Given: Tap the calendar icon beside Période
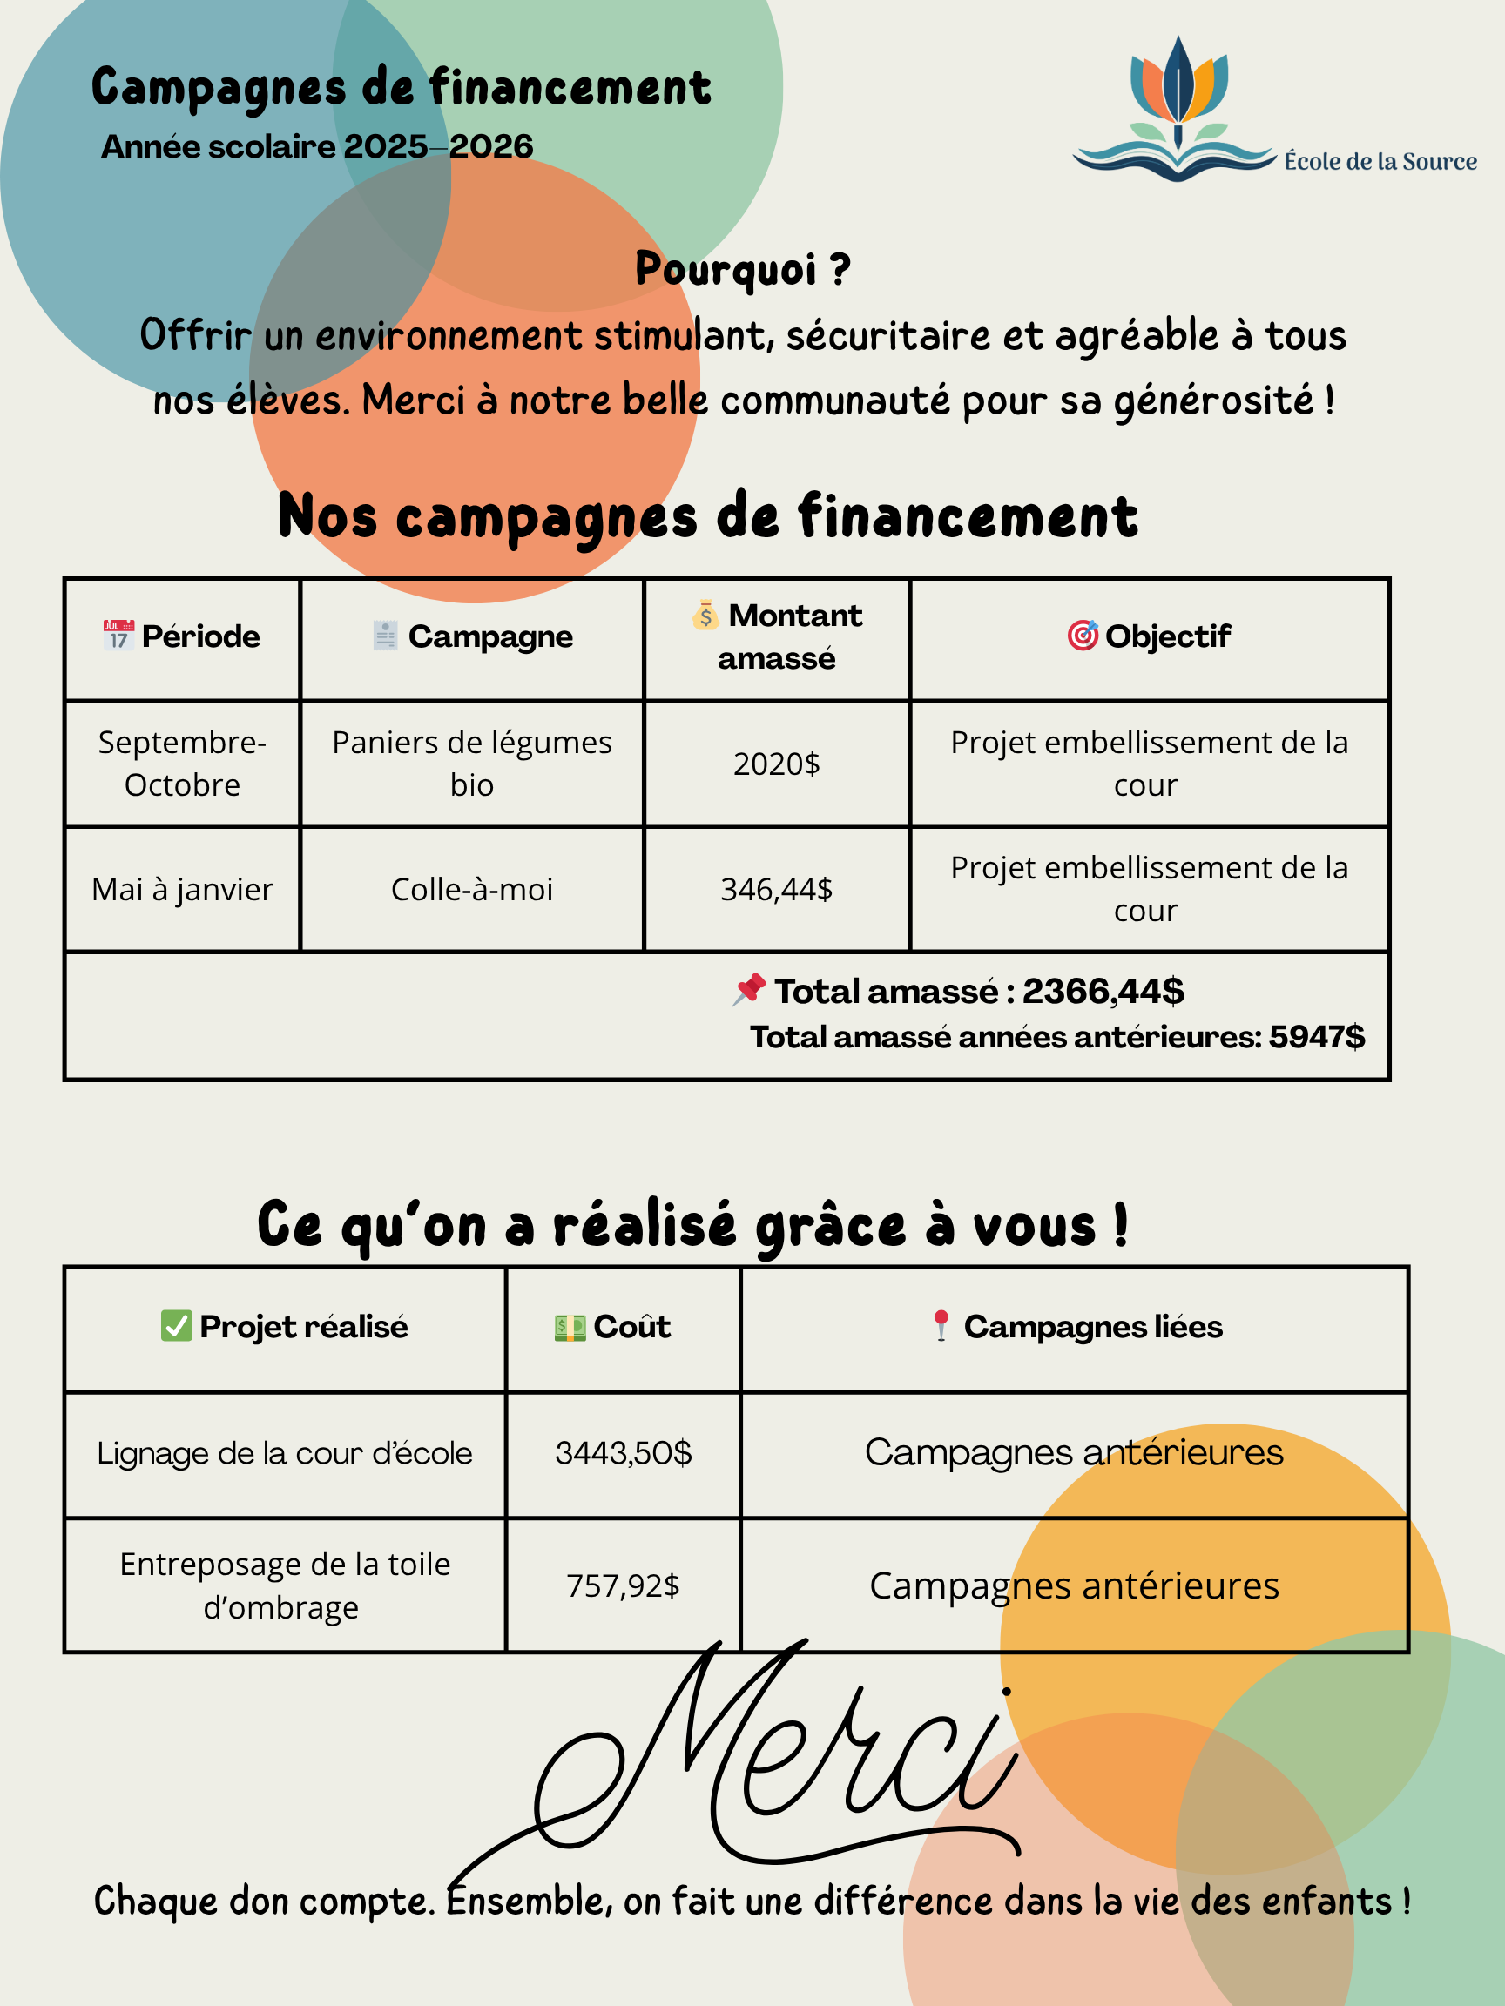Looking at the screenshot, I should (x=118, y=635).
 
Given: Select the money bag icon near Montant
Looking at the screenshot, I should (x=705, y=616).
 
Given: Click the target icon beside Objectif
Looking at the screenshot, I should (x=1083, y=635).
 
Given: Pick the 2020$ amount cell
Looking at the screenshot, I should (x=776, y=764).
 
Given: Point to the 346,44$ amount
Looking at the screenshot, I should (x=776, y=890).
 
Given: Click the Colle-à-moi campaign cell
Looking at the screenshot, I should (x=472, y=890).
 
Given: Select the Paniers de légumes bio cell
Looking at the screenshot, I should (x=472, y=764).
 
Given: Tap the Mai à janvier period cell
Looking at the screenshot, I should (x=182, y=890).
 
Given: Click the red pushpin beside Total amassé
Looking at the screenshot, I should (x=749, y=989).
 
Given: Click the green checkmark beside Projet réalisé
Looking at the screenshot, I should (x=176, y=1326).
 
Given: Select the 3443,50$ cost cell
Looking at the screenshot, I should (x=624, y=1453).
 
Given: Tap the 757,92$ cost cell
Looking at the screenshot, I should (x=624, y=1585).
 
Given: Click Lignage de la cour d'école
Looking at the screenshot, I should (x=285, y=1453).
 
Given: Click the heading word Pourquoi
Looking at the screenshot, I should (x=726, y=269).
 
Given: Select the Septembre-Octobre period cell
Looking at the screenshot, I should (x=182, y=764).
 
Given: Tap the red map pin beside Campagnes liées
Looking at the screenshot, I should (x=941, y=1326).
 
